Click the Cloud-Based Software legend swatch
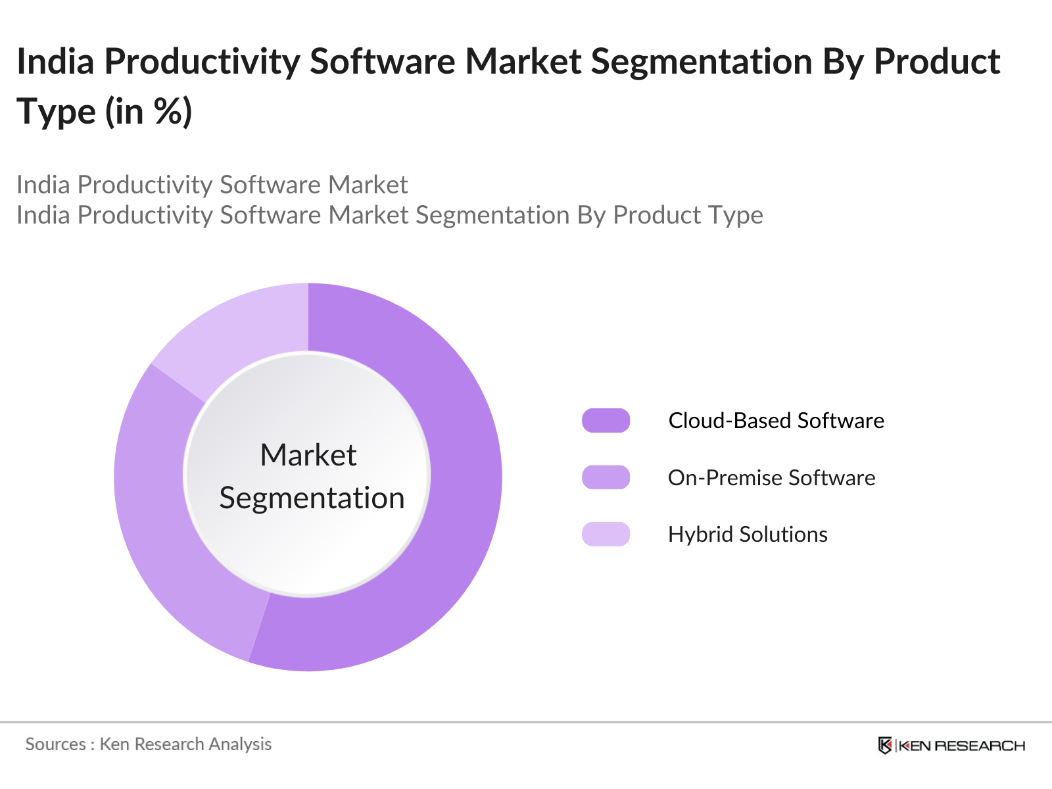click(606, 421)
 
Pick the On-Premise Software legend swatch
click(606, 477)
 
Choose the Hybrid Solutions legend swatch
click(606, 534)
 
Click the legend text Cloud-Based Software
click(776, 421)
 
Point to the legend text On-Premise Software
click(771, 478)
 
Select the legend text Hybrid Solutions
click(748, 535)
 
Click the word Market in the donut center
click(308, 455)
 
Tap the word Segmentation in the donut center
click(312, 498)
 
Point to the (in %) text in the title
click(149, 111)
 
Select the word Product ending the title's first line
click(936, 62)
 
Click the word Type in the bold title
click(57, 112)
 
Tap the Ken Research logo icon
click(885, 746)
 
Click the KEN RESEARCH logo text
click(961, 746)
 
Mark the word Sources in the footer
click(55, 744)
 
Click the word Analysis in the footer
click(240, 744)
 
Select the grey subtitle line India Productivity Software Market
click(212, 185)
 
